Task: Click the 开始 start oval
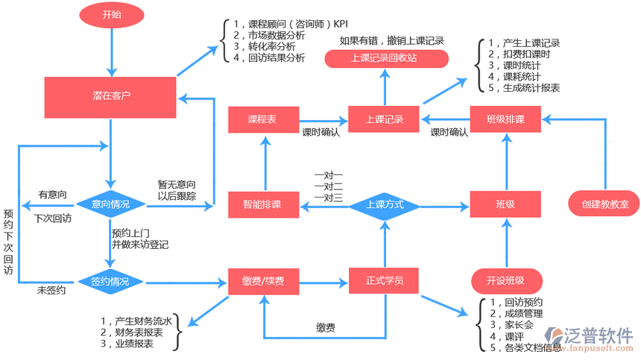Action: pos(111,14)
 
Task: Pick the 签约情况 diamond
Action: pos(110,282)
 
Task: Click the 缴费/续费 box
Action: pos(262,282)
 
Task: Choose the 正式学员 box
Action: pos(385,281)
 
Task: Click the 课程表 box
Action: pos(262,119)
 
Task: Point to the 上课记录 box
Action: pos(385,119)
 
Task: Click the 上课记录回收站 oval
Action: pos(385,58)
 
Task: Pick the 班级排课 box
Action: pos(506,119)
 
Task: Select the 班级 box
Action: pos(506,204)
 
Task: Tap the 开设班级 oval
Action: pos(506,281)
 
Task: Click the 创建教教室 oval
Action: pos(604,203)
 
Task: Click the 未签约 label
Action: pos(51,291)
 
